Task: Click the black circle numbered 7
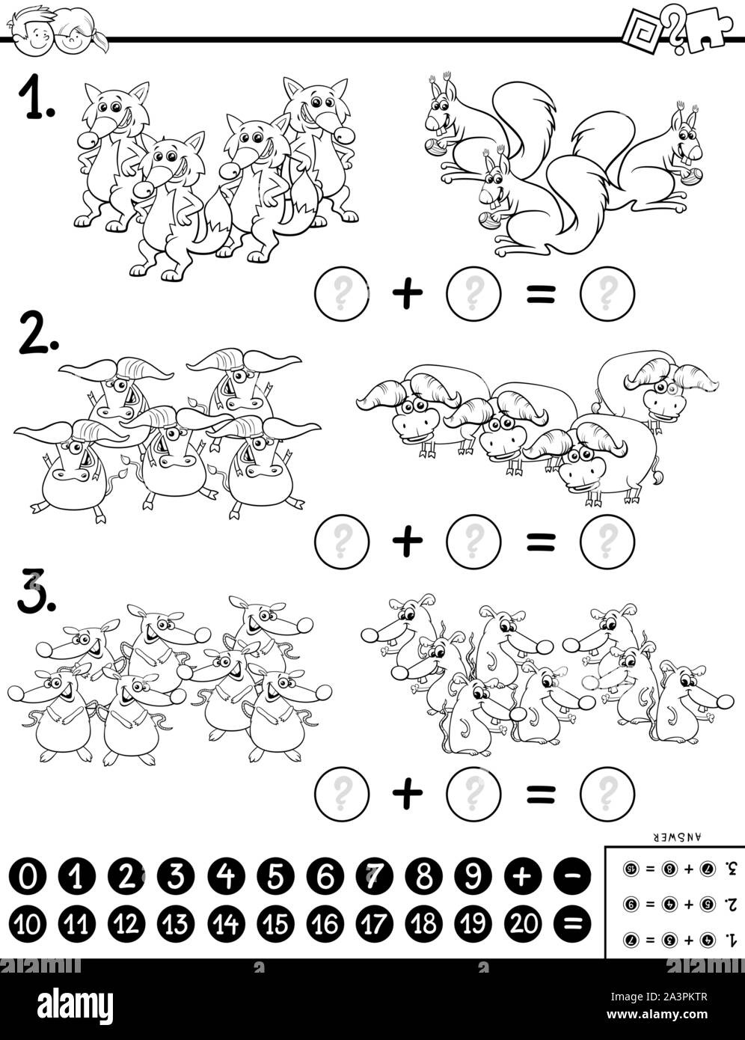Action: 375,875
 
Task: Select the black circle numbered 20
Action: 524,924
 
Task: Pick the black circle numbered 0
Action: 28,875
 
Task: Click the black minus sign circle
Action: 573,875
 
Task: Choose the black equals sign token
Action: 573,924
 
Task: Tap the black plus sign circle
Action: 524,875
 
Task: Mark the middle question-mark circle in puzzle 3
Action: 472,792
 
